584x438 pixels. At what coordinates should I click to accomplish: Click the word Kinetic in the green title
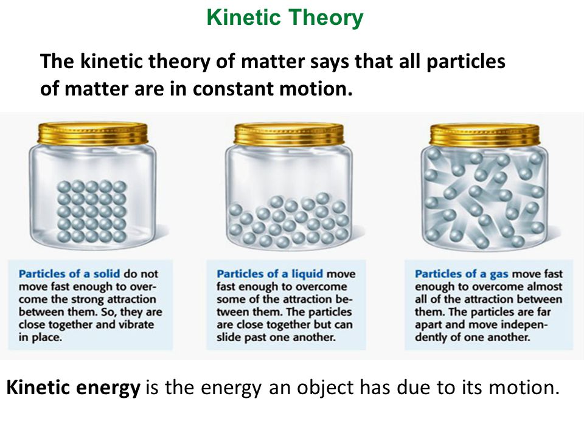243,17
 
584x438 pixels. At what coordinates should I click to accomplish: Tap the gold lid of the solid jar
92,134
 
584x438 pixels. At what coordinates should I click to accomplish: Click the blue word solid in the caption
106,274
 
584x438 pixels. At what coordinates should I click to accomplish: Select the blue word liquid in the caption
307,274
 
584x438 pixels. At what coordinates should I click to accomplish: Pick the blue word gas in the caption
499,275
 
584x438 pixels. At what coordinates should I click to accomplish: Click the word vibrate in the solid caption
136,324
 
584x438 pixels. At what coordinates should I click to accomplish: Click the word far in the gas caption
544,311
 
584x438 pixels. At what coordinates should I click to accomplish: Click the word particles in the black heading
465,62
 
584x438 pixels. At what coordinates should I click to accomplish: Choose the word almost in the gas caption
545,287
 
